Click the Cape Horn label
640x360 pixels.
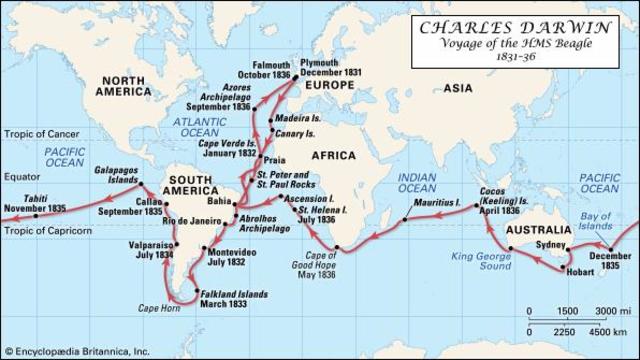click(158, 308)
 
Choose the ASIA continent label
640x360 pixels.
click(461, 89)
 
